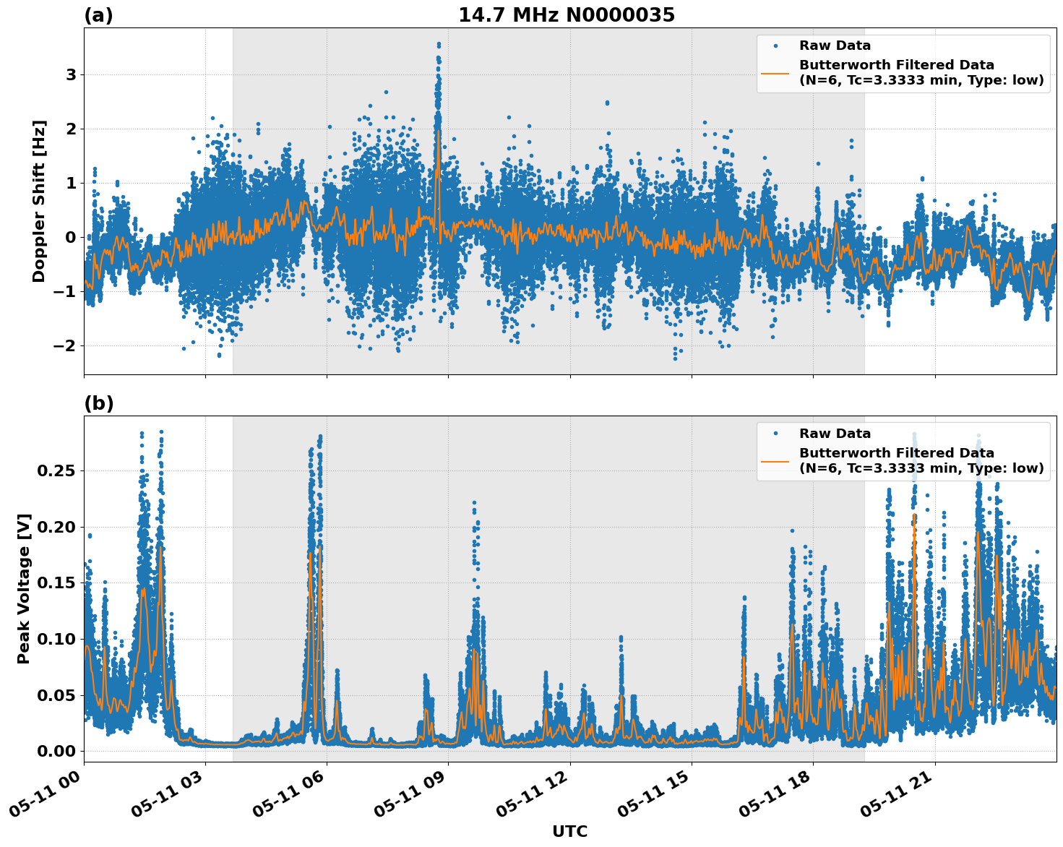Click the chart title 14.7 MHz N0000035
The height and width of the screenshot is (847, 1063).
[567, 15]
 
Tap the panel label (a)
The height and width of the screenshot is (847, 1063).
[98, 15]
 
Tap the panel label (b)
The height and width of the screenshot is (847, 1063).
[98, 403]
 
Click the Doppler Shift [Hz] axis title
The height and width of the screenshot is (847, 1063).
[39, 201]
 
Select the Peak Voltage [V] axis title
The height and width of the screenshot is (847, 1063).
[24, 588]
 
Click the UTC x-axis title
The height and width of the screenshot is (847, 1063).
[569, 831]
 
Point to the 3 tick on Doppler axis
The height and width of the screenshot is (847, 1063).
[71, 74]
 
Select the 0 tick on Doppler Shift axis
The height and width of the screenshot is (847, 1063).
[71, 237]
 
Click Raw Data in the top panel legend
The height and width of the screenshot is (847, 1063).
[835, 46]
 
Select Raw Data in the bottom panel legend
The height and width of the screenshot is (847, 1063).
[835, 434]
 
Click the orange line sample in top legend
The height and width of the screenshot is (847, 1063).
[775, 72]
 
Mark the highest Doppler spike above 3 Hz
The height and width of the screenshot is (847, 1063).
[439, 45]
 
